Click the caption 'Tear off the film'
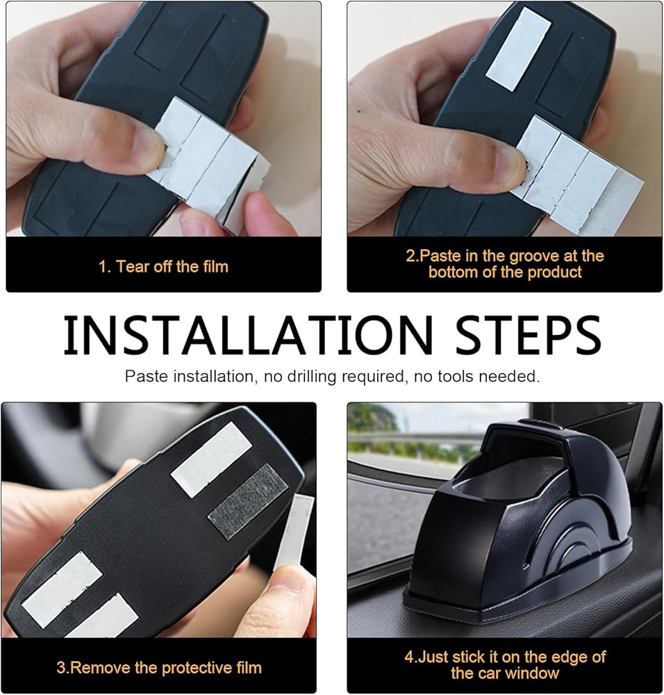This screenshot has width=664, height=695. [x=172, y=266]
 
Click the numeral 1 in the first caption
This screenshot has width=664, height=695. [x=103, y=267]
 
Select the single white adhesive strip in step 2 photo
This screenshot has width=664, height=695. [x=518, y=49]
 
